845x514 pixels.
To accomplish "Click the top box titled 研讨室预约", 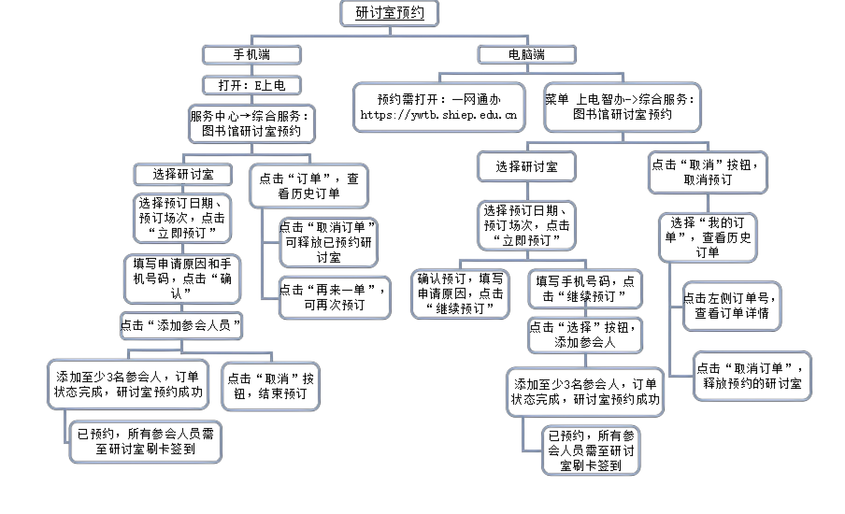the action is tap(389, 13).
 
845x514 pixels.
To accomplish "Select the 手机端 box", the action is tap(251, 55).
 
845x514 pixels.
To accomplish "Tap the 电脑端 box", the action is tap(527, 55).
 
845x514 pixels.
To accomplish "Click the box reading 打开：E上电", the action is tap(251, 86).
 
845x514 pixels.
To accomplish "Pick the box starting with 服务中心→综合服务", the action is tap(251, 124).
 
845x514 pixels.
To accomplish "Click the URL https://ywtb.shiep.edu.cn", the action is tap(439, 115).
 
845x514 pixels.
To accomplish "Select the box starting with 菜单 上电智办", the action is tap(623, 107).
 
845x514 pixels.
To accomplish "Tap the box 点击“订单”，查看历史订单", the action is tap(309, 186).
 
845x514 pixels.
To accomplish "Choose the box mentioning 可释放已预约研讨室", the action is tap(329, 243).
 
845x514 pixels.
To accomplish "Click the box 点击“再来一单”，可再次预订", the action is tap(335, 298).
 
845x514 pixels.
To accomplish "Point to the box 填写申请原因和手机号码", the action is tap(182, 279).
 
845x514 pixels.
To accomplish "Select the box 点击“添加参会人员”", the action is tap(181, 326).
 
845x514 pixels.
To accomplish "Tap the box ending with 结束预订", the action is tap(271, 386).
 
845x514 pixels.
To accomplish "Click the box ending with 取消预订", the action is tap(708, 172).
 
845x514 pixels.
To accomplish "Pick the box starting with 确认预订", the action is tap(460, 294).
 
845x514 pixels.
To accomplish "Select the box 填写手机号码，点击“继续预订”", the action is tap(585, 289).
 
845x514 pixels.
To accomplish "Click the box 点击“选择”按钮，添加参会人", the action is tap(585, 335).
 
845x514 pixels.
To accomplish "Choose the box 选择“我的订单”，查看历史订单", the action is tap(708, 238).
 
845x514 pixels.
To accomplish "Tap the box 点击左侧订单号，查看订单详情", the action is tap(732, 306).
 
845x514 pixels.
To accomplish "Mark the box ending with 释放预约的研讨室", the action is tap(752, 376).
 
